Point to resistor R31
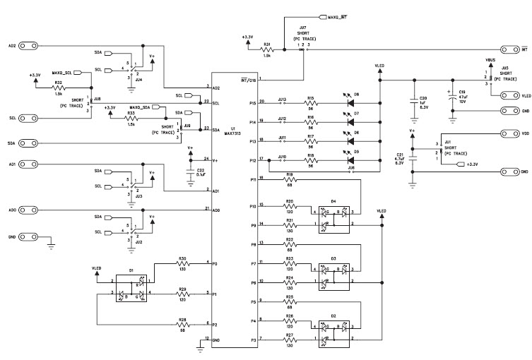pos(267,49)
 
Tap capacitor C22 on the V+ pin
pos(191,170)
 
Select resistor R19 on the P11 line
pos(289,180)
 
